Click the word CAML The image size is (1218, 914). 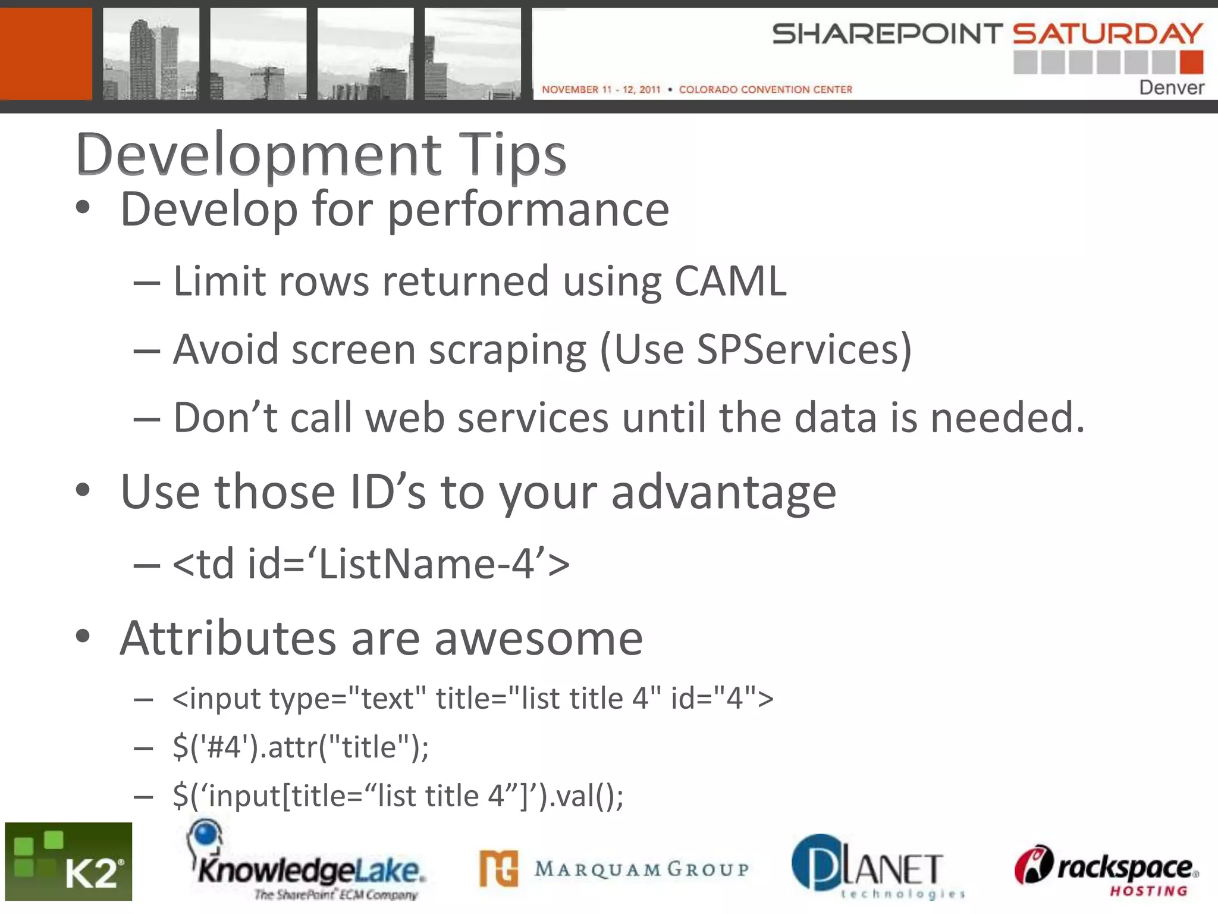click(730, 281)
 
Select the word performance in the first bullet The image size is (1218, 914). click(529, 210)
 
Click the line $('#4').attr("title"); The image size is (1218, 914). click(300, 747)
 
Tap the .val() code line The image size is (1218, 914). click(398, 796)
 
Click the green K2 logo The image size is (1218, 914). click(68, 862)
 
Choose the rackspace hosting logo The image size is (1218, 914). click(1106, 869)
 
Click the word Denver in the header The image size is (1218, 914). click(1171, 87)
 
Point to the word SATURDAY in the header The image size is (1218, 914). click(1107, 34)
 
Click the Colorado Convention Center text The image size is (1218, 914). click(765, 89)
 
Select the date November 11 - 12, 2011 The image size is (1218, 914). click(601, 89)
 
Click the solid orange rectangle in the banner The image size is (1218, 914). click(46, 54)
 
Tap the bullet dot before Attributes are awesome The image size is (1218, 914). click(83, 636)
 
